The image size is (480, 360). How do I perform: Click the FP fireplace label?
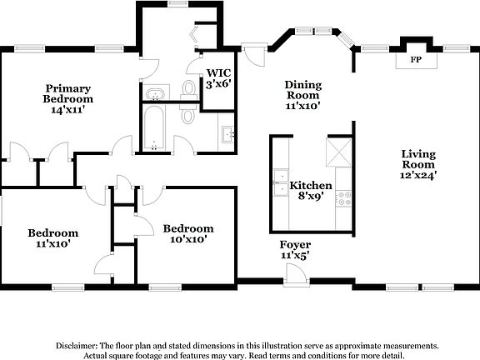414,61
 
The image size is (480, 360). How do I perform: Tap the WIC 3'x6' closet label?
218,77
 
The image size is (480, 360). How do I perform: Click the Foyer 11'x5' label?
295,250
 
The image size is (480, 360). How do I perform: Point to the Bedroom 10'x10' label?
187,233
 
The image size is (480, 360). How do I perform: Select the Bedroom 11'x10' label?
52,238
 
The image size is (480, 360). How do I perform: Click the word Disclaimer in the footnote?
76,344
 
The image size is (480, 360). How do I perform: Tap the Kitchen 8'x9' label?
310,190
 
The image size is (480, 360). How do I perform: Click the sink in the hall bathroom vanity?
228,134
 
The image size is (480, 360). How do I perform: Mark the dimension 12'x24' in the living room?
419,175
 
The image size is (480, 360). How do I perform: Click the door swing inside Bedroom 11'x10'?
102,267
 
